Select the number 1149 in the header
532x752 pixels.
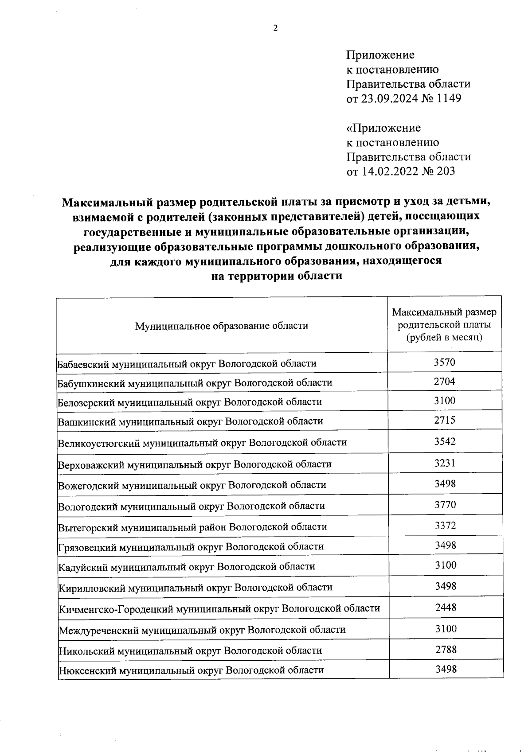(x=449, y=98)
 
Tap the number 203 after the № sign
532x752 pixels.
(x=445, y=171)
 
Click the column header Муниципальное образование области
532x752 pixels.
(x=221, y=326)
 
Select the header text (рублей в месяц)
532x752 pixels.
(x=444, y=337)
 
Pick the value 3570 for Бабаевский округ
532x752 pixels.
(x=444, y=362)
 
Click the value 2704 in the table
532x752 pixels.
(x=444, y=382)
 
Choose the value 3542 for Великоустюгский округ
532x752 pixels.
(x=445, y=441)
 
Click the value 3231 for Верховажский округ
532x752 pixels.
(x=445, y=463)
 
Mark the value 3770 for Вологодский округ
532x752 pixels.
(x=445, y=505)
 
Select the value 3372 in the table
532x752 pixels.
(x=445, y=526)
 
